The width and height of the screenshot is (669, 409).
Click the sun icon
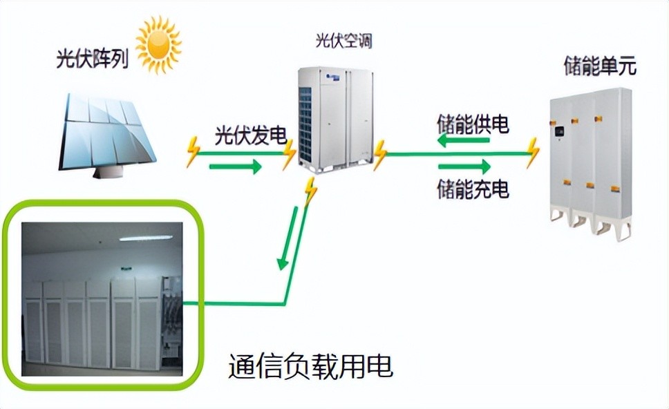coord(159,44)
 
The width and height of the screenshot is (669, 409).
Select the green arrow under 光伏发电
coord(236,167)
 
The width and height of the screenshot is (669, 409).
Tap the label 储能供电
coord(473,124)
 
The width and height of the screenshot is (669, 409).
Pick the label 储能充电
coord(473,189)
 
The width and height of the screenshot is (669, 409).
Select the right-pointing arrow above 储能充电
coord(464,167)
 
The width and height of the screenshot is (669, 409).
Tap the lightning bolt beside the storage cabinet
coord(532,153)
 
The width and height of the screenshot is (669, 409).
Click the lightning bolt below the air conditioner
coord(310,191)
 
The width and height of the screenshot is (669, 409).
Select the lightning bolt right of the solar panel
coord(193,153)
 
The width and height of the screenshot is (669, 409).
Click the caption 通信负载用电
coord(310,366)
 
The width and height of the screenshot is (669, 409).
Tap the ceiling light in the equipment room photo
coord(144,238)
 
